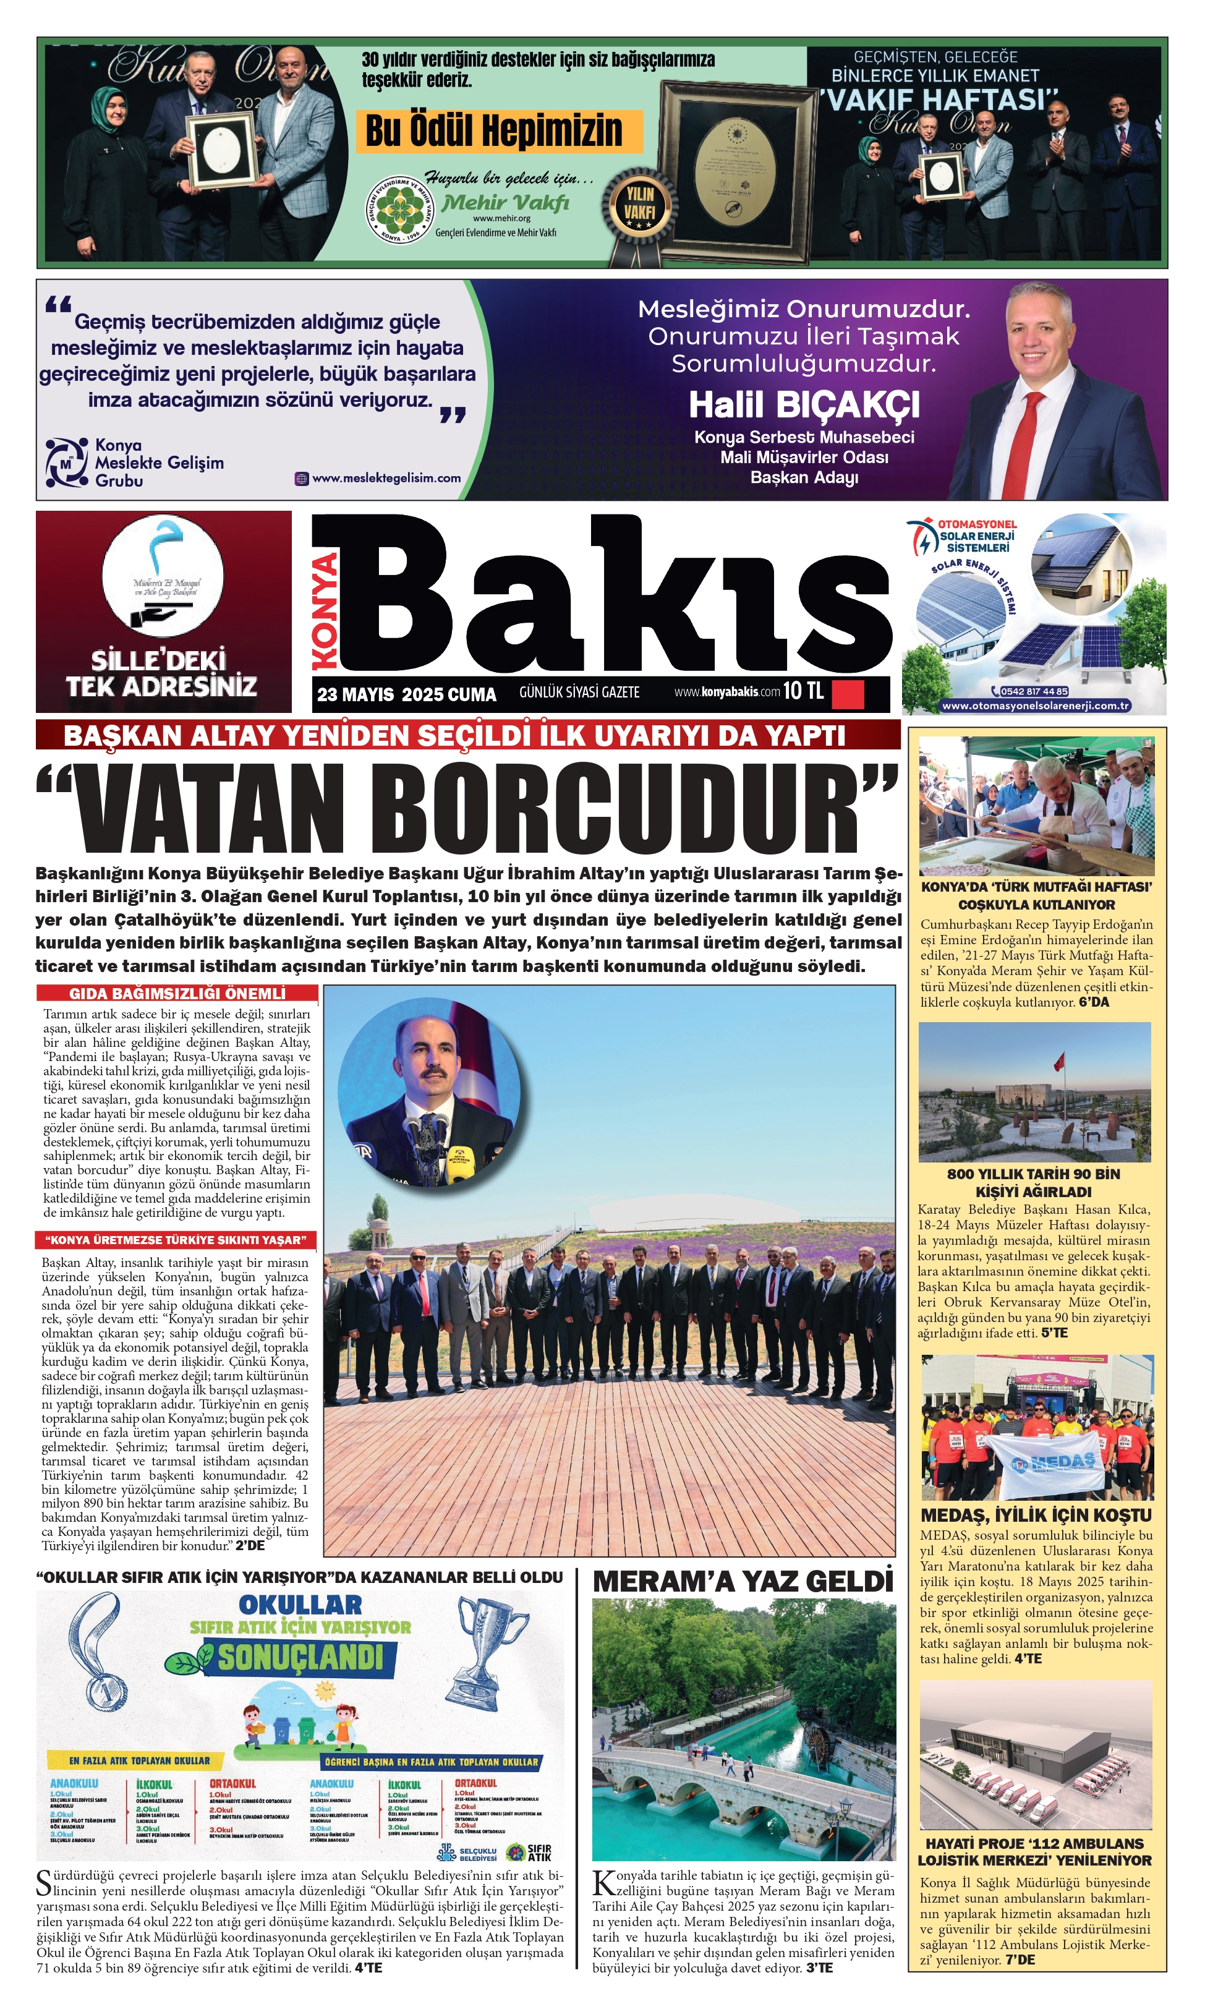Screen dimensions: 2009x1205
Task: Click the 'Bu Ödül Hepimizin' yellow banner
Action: click(498, 130)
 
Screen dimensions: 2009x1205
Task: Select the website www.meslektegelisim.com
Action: click(386, 479)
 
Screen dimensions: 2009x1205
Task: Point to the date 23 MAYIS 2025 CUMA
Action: click(406, 694)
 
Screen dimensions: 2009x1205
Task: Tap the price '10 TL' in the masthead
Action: click(803, 691)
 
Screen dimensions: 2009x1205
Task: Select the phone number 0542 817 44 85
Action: click(1034, 692)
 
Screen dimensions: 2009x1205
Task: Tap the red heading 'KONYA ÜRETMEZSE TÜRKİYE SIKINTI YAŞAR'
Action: click(176, 1240)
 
